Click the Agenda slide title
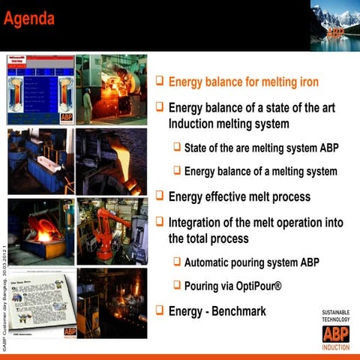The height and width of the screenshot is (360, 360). (29, 18)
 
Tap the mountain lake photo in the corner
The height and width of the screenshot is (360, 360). (334, 25)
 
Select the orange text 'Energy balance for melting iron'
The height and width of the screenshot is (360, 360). (244, 82)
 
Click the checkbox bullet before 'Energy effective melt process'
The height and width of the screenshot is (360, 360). (159, 196)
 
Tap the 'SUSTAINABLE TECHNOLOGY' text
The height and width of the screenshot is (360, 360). (335, 315)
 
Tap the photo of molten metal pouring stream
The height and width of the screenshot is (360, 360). (111, 161)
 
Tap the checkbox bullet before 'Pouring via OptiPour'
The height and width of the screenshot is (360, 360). (177, 285)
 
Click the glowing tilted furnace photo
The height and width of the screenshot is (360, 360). (40, 231)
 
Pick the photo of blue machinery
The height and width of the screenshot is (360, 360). (40, 161)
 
